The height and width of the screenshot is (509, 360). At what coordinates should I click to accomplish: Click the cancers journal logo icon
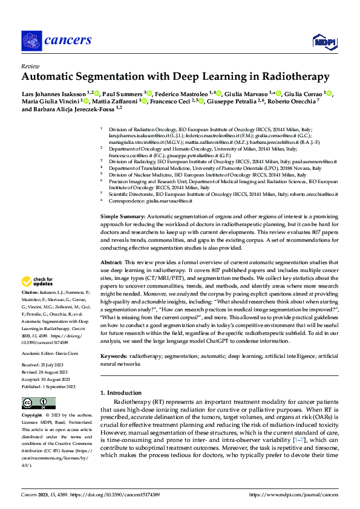click(x=31, y=41)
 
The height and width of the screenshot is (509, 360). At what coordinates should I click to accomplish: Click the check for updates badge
click(x=38, y=281)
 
